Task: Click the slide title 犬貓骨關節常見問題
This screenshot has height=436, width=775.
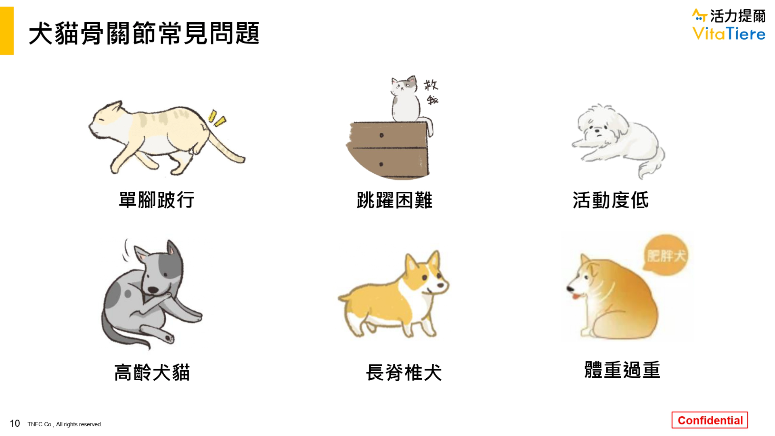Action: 144,33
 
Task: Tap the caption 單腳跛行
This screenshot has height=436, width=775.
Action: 157,200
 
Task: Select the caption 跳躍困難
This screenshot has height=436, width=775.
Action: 394,200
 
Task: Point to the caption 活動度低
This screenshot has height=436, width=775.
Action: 610,200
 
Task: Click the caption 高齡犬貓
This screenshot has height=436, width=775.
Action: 152,372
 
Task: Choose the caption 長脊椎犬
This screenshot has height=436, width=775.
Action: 404,372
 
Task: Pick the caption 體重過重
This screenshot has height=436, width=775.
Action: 622,370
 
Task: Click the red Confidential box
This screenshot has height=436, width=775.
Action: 710,420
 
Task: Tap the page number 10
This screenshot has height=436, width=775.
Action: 15,423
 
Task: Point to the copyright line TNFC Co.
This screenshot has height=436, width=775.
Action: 65,424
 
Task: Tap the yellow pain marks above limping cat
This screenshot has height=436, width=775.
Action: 217,118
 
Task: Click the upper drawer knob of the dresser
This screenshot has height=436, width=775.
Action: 381,135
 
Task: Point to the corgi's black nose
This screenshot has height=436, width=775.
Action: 440,285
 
